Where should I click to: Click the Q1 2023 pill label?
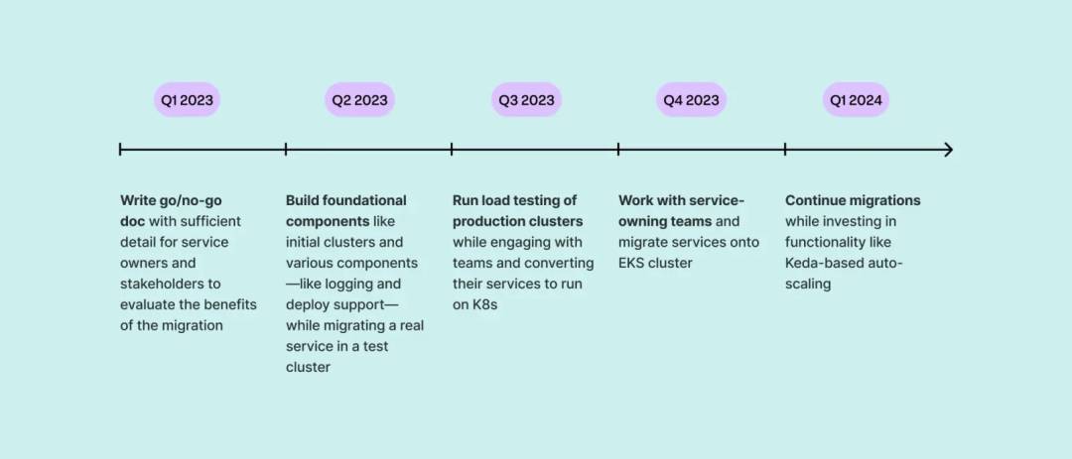pyautogui.click(x=187, y=100)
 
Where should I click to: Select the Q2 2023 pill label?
pyautogui.click(x=359, y=100)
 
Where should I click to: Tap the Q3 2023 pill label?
pyautogui.click(x=526, y=100)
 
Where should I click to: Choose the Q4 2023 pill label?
pyautogui.click(x=691, y=100)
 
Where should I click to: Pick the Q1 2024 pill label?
pyautogui.click(x=856, y=100)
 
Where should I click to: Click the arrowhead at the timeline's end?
pyautogui.click(x=948, y=150)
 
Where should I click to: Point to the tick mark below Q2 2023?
pyautogui.click(x=286, y=150)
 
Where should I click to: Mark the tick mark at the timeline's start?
pyautogui.click(x=120, y=150)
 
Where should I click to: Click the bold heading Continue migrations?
pyautogui.click(x=853, y=201)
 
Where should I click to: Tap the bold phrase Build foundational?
pyautogui.click(x=346, y=201)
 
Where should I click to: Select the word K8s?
pyautogui.click(x=484, y=304)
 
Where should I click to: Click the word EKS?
pyautogui.click(x=631, y=263)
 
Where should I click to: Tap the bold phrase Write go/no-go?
pyautogui.click(x=171, y=201)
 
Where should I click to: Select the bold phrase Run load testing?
pyautogui.click(x=505, y=201)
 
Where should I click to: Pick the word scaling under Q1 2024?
pyautogui.click(x=807, y=285)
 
